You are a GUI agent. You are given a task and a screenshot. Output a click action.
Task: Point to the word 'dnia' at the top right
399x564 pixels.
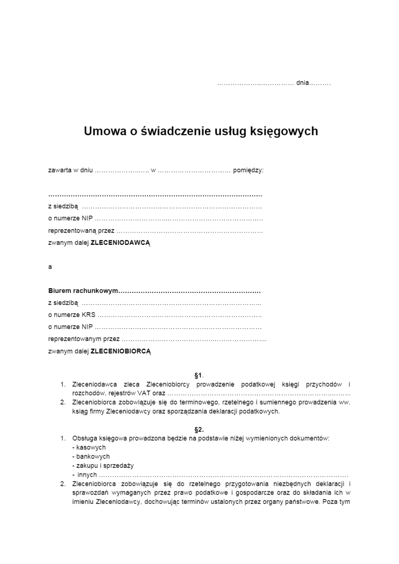(x=302, y=83)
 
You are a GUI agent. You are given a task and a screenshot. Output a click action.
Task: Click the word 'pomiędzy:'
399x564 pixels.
(x=248, y=170)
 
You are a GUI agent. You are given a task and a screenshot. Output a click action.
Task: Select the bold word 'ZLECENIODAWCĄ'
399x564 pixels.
(x=121, y=243)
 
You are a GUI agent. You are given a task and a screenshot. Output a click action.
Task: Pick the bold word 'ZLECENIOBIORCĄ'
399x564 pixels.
(x=121, y=351)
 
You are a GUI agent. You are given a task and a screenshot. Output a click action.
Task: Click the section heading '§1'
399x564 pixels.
(x=198, y=375)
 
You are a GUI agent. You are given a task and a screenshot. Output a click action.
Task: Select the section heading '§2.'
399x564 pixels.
(x=199, y=430)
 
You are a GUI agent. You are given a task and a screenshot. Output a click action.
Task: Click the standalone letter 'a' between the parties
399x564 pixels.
(x=50, y=267)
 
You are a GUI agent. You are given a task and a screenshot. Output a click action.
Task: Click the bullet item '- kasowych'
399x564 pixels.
(x=89, y=448)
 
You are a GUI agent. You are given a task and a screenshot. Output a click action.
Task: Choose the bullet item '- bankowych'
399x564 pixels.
(x=91, y=456)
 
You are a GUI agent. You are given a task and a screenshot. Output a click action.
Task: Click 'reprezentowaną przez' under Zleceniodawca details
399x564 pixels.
(x=81, y=230)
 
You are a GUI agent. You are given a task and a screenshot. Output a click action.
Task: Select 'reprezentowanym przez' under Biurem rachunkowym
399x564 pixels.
(x=84, y=339)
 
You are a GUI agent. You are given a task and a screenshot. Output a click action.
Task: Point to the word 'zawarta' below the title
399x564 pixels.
(x=59, y=170)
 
